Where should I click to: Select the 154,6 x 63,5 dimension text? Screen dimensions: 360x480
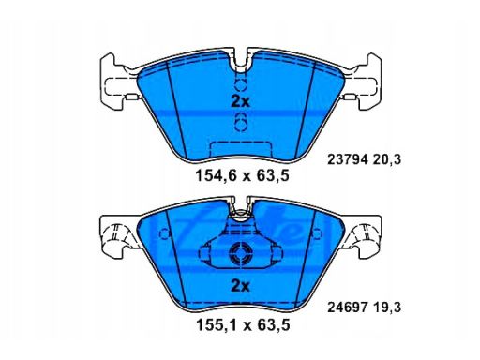[x=239, y=174]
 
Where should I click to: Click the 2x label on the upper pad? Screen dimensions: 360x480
[x=239, y=100]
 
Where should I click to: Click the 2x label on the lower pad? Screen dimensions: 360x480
[x=239, y=286]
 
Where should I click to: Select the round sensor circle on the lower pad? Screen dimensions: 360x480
[x=240, y=251]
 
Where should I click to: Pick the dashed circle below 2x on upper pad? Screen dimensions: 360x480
[x=240, y=119]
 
